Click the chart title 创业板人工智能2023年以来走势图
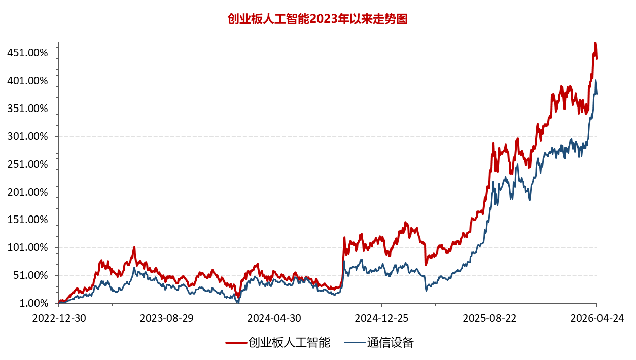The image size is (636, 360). point(318,19)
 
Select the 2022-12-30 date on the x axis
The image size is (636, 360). point(59,318)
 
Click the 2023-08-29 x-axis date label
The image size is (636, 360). point(166,318)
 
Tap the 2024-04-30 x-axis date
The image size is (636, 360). point(274,318)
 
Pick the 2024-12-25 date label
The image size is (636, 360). point(381,318)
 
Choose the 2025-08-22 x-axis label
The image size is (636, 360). point(489,318)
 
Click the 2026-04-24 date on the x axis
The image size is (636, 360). point(596,318)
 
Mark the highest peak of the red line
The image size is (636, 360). point(595,43)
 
